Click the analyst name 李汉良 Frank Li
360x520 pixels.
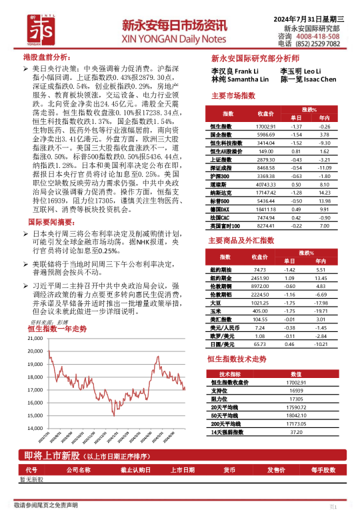234,71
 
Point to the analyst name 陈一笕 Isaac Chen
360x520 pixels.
309,79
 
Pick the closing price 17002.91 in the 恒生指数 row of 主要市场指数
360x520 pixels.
265,126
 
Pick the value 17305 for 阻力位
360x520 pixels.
296,398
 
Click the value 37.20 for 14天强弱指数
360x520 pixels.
296,432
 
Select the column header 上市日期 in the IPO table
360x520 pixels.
181,469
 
